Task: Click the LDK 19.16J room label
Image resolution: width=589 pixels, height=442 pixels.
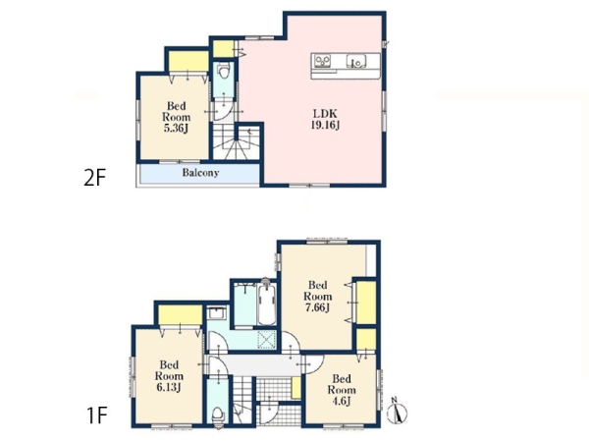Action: (x=325, y=119)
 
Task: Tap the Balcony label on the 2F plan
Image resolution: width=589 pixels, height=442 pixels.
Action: (x=200, y=173)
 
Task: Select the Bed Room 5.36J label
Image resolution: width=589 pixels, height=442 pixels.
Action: (x=176, y=117)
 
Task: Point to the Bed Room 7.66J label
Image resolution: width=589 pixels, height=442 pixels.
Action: (x=318, y=297)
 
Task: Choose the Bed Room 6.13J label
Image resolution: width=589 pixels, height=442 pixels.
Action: (x=169, y=376)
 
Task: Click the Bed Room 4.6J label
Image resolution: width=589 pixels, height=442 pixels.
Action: (x=342, y=390)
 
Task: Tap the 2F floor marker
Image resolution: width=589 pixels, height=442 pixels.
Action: (x=94, y=178)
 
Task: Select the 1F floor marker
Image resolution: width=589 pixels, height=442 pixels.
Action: (x=96, y=415)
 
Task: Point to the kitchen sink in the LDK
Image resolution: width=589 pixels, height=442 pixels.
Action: (x=356, y=61)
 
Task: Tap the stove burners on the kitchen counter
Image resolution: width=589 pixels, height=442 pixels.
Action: (x=323, y=61)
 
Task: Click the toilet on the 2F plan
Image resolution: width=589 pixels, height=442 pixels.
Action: (x=224, y=71)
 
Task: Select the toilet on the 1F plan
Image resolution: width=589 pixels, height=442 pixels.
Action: (x=218, y=416)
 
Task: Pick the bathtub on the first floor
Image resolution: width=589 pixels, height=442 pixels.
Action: (x=267, y=304)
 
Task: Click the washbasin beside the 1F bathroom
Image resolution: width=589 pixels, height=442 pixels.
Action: (x=216, y=313)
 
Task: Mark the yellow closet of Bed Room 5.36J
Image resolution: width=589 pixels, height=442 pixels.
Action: (x=188, y=61)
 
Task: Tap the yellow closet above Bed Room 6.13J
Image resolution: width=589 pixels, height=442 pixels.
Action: (x=181, y=315)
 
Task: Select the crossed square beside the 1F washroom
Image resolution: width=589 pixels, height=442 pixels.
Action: (x=266, y=341)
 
